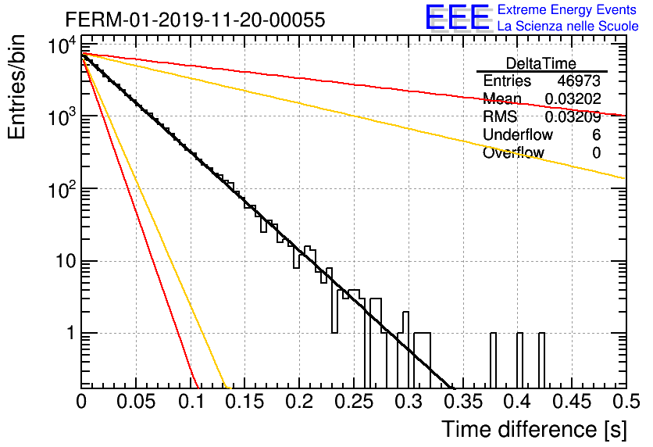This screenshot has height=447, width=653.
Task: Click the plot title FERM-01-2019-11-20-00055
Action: pyautogui.click(x=195, y=20)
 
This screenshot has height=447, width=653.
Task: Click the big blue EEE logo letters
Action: pyautogui.click(x=458, y=17)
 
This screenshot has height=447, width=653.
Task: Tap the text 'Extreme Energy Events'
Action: pyautogui.click(x=567, y=9)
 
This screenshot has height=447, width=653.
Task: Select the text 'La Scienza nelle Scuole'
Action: pyautogui.click(x=568, y=26)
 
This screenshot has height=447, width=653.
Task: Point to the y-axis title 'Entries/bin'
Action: pyautogui.click(x=16, y=87)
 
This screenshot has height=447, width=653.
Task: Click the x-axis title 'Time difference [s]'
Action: pyautogui.click(x=534, y=429)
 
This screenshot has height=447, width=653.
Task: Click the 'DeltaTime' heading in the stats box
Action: pyautogui.click(x=541, y=63)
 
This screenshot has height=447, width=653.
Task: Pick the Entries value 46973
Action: pyautogui.click(x=579, y=80)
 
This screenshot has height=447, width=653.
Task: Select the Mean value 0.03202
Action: pyautogui.click(x=573, y=98)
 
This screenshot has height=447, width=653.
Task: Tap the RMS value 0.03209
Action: pyautogui.click(x=573, y=116)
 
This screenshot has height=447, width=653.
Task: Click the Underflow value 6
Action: pyautogui.click(x=596, y=134)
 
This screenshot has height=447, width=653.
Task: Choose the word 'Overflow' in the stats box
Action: pyautogui.click(x=513, y=152)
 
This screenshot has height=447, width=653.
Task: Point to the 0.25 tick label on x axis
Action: pyautogui.click(x=355, y=402)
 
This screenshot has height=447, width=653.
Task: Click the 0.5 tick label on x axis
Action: pyautogui.click(x=626, y=402)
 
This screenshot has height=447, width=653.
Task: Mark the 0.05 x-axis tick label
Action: pyautogui.click(x=136, y=402)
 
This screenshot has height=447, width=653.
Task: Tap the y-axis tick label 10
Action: pyautogui.click(x=66, y=261)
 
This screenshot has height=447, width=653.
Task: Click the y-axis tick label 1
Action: pyautogui.click(x=71, y=333)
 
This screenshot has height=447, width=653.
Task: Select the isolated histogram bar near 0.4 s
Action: pyautogui.click(x=519, y=360)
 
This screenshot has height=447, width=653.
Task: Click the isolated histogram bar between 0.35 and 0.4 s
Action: pyautogui.click(x=493, y=360)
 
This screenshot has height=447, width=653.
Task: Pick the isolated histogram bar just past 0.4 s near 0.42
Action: pyautogui.click(x=541, y=360)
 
